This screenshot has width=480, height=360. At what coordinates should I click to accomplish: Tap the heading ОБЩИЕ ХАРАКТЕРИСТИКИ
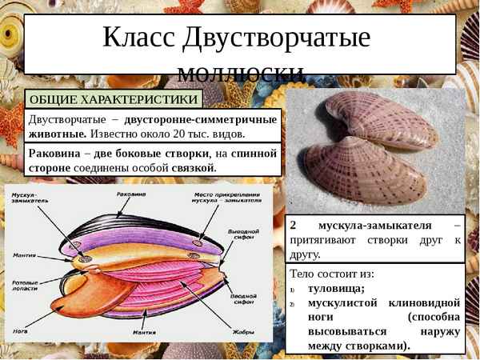point(113,99)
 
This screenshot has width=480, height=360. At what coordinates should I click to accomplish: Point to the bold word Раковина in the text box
point(54,153)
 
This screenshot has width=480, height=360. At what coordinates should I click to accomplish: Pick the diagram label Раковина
point(130,194)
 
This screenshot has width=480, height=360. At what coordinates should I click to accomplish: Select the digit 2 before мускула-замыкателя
point(294,225)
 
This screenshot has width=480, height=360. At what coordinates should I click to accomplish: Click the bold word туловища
point(337,288)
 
